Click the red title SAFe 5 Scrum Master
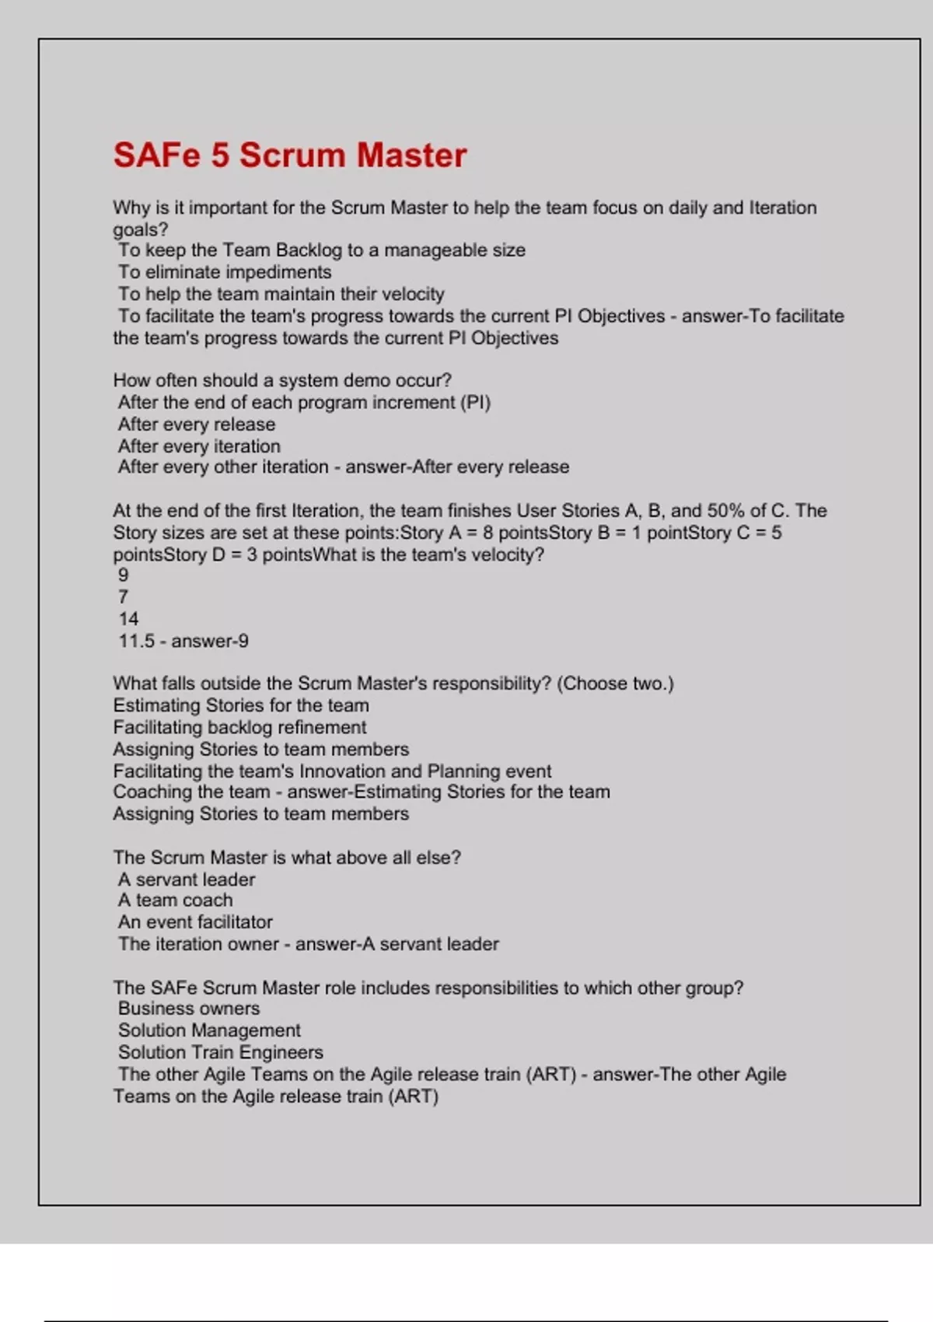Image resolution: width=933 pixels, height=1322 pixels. click(289, 155)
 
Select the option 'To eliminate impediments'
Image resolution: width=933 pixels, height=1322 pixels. click(225, 272)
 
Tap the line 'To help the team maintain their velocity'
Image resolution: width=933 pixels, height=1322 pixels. click(281, 294)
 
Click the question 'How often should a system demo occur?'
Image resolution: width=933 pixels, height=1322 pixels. click(282, 380)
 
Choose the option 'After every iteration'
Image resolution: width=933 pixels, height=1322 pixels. click(199, 446)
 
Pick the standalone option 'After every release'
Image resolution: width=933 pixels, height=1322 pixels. click(197, 425)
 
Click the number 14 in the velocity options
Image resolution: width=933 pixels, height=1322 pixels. click(128, 619)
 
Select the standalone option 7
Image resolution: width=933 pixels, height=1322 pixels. click(123, 597)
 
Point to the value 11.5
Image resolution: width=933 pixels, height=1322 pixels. click(136, 641)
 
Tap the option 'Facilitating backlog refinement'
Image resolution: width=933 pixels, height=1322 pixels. click(239, 727)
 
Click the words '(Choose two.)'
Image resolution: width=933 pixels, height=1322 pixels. click(615, 684)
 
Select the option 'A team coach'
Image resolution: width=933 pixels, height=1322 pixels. click(175, 900)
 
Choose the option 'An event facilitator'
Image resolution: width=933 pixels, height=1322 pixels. click(195, 922)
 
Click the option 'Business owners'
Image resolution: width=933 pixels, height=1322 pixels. click(189, 1009)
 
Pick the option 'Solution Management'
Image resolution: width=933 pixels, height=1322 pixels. click(209, 1030)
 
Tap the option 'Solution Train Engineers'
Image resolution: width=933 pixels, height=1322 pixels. click(221, 1052)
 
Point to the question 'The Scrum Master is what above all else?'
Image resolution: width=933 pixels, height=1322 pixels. click(287, 858)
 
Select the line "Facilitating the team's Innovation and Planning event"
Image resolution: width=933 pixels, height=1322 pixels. click(332, 771)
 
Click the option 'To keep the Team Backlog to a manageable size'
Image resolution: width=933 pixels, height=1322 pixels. click(322, 250)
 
